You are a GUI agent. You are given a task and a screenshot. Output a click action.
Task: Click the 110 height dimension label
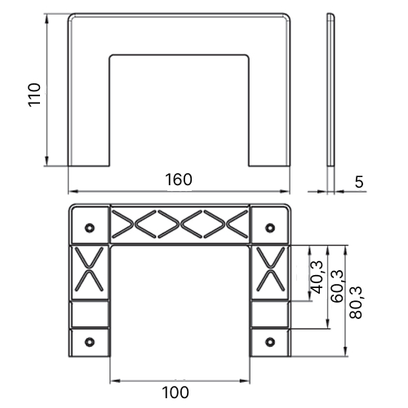(x=34, y=95)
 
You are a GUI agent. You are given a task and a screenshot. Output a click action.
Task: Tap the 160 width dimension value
(x=179, y=180)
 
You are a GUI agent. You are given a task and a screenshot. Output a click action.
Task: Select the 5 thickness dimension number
(x=359, y=182)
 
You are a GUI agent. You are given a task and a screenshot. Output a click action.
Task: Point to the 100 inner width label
(x=175, y=392)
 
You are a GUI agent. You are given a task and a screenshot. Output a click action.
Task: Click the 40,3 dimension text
(x=317, y=277)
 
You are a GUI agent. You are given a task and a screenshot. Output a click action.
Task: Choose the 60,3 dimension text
(x=337, y=286)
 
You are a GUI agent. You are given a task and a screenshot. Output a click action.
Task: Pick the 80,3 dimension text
(x=356, y=303)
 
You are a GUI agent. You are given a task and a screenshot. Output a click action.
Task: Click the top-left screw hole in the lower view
(x=90, y=228)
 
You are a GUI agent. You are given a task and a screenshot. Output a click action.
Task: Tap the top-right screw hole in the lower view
(x=270, y=228)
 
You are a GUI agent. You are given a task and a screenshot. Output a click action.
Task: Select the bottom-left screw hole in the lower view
(x=90, y=342)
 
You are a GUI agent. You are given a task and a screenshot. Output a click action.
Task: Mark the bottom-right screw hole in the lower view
(x=270, y=342)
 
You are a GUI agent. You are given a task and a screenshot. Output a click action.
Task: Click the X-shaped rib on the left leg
(x=89, y=269)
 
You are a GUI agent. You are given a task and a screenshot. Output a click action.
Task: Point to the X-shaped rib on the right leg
(x=270, y=269)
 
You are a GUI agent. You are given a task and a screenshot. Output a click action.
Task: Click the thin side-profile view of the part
(x=330, y=90)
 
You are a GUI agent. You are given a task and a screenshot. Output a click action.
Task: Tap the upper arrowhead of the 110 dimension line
(x=47, y=19)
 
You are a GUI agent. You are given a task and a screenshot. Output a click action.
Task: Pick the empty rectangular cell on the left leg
(x=90, y=314)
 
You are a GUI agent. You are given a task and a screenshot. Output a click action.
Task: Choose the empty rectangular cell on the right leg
(x=270, y=314)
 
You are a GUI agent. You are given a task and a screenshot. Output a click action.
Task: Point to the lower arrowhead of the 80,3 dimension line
(x=346, y=351)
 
